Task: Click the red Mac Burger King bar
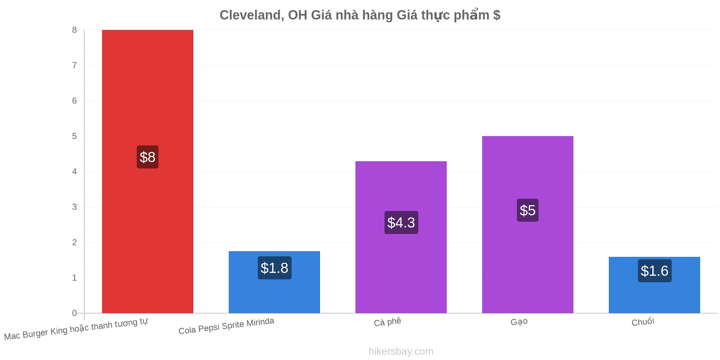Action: point(148,171)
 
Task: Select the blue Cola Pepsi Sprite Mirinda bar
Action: point(274,282)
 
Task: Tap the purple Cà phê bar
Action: point(401,237)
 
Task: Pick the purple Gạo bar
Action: point(528,225)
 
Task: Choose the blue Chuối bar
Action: point(654,285)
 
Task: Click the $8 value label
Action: point(148,157)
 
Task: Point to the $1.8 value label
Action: point(275,268)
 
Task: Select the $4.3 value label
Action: point(401,222)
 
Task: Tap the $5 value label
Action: point(528,210)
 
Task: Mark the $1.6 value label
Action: point(655,271)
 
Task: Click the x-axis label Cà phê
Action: point(387,322)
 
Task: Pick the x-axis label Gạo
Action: point(519,321)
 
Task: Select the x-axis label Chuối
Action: point(643,321)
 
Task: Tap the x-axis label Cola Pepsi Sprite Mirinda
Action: point(226,326)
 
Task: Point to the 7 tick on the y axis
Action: point(75,66)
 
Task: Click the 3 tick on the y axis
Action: point(75,207)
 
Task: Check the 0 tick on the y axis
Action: point(75,313)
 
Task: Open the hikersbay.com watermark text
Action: point(401,351)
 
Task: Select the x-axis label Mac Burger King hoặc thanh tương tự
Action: point(76,329)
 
